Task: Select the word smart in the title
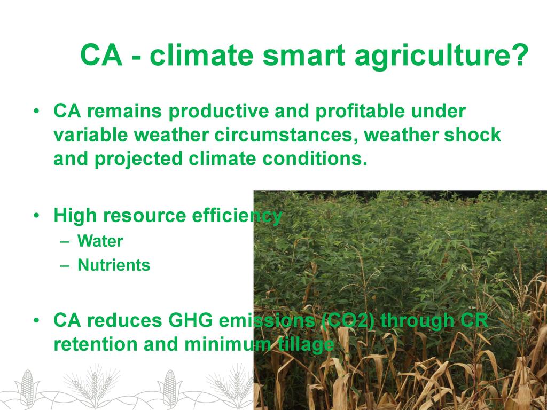click(304, 55)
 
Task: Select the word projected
click(138, 159)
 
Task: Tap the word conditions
click(315, 159)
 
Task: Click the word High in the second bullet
click(75, 216)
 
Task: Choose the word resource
click(144, 216)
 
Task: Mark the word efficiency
click(237, 216)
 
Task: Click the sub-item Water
click(100, 241)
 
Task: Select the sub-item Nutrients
click(114, 265)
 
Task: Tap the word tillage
click(306, 345)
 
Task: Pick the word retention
click(96, 344)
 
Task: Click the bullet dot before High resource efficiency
click(36, 216)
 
